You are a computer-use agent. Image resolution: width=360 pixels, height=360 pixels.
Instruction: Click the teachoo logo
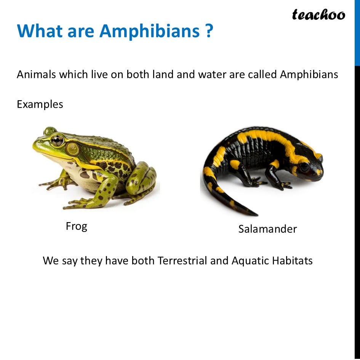(318, 15)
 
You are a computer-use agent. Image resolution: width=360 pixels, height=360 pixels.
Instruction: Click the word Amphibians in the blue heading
(149, 31)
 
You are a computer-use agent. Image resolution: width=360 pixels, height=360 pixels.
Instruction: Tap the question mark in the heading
(209, 30)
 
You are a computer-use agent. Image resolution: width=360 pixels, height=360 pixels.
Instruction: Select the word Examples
(40, 104)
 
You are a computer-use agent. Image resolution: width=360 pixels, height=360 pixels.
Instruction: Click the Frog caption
(77, 226)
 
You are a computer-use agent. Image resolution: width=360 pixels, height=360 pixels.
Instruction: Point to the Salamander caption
(267, 229)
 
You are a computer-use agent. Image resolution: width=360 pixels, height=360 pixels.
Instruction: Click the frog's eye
(57, 140)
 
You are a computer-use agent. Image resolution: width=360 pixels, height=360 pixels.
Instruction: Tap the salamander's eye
(304, 166)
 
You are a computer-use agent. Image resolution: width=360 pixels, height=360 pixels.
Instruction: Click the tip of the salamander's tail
(257, 215)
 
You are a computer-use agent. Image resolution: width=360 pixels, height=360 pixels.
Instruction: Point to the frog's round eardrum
(72, 149)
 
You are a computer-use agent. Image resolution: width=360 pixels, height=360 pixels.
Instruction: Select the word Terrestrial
(182, 261)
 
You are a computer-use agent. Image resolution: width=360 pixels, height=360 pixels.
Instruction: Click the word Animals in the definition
(36, 74)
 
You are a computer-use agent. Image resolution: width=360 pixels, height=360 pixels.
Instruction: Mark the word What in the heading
(40, 31)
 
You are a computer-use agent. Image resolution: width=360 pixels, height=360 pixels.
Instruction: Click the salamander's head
(308, 166)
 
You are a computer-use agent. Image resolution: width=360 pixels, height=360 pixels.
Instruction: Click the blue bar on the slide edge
(357, 33)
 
